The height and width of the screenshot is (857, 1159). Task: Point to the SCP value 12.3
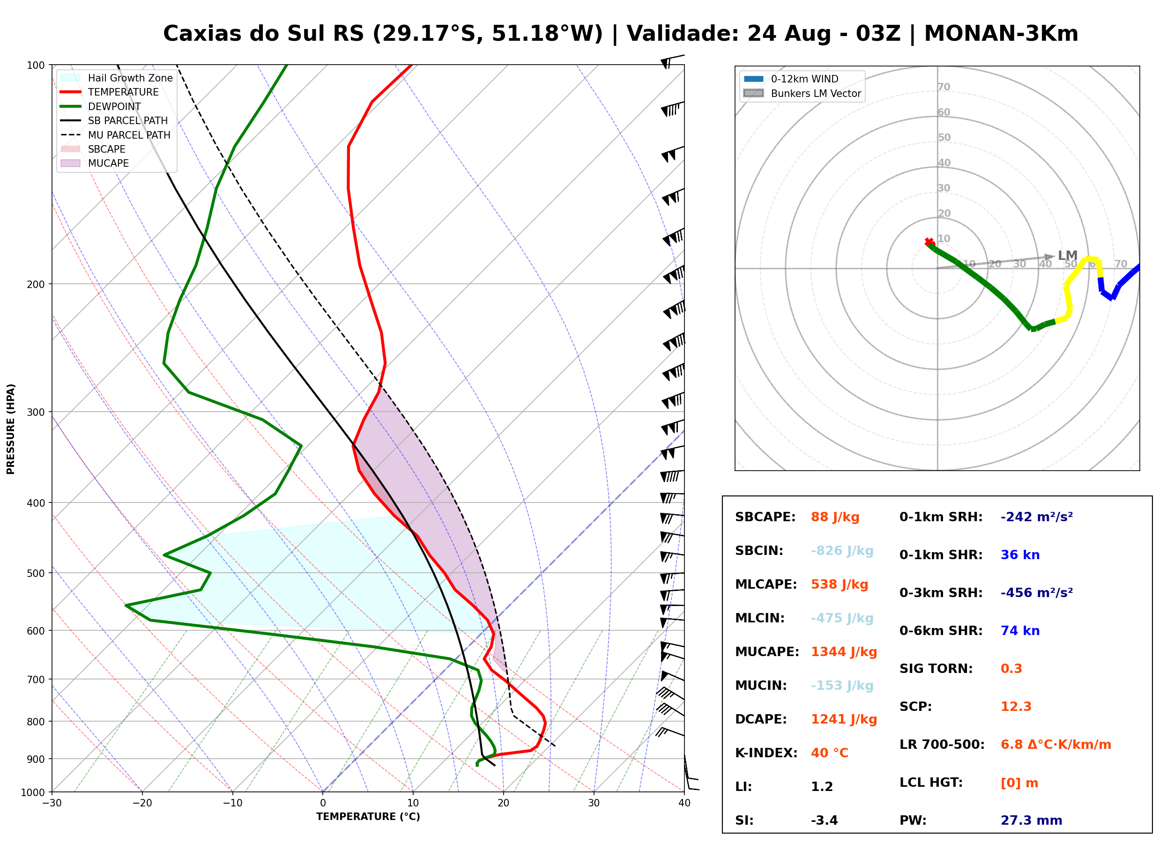pyautogui.click(x=1016, y=707)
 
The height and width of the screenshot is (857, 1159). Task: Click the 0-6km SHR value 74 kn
pyautogui.click(x=1020, y=631)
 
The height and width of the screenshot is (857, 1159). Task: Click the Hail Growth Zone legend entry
pyautogui.click(x=117, y=78)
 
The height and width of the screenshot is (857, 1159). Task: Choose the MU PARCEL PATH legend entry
pyautogui.click(x=116, y=135)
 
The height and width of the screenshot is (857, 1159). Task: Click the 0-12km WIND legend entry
pyautogui.click(x=791, y=79)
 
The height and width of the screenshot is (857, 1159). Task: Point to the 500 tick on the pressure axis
pyautogui.click(x=36, y=573)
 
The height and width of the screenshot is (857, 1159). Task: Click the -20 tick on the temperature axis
pyautogui.click(x=142, y=803)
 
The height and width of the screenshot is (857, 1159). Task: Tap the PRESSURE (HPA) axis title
pyautogui.click(x=11, y=429)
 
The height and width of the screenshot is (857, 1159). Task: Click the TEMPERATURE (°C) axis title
pyautogui.click(x=368, y=817)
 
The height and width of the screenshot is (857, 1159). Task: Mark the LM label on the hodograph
pyautogui.click(x=1068, y=256)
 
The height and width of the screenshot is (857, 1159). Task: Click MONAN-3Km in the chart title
pyautogui.click(x=1001, y=33)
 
